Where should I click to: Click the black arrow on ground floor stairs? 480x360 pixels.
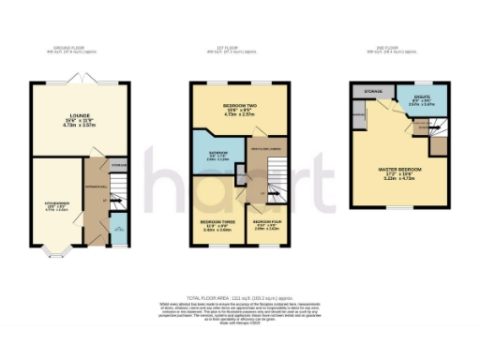[103, 199]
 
